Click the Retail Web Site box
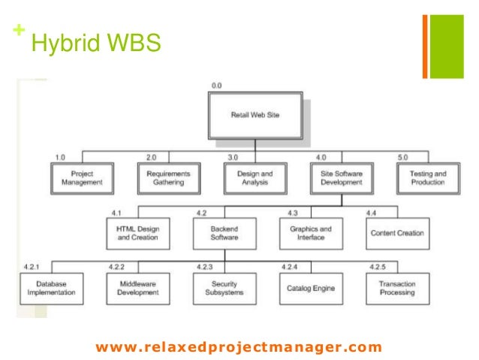pos(255,115)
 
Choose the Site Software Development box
pos(342,178)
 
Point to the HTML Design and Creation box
pos(138,233)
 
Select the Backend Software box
pos(224,233)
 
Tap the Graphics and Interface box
pos(310,233)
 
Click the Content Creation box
pos(397,233)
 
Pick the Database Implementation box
pos(52,288)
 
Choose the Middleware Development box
pos(138,288)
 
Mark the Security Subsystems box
pos(224,288)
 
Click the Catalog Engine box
pos(310,288)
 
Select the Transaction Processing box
pos(397,288)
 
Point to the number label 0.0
pos(216,86)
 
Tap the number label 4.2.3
pos(205,268)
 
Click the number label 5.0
pos(403,157)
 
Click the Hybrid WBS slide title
pos(95,44)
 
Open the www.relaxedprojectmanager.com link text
pos(239,346)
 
